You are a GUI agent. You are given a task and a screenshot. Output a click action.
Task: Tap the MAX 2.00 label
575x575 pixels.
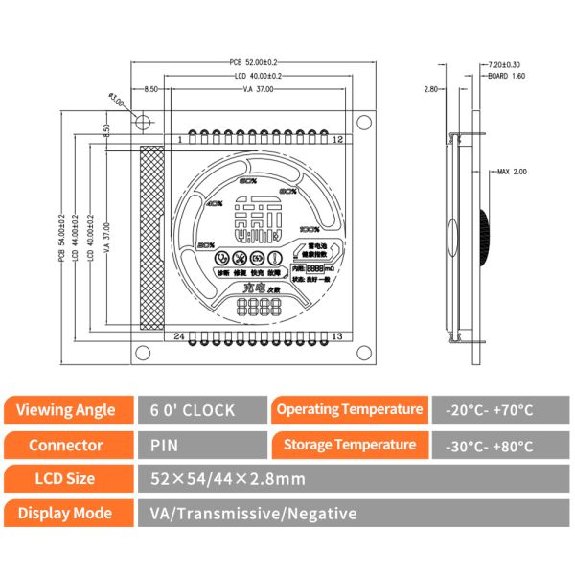pos(512,172)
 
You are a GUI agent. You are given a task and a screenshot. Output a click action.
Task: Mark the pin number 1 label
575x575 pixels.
pos(178,140)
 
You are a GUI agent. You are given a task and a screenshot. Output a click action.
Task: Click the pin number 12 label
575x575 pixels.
pos(336,140)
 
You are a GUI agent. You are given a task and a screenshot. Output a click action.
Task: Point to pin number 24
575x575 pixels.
pos(178,335)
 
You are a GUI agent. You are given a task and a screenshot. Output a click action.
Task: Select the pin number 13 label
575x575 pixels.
pos(336,335)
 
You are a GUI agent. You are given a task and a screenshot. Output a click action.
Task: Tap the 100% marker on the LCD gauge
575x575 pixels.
pos(309,230)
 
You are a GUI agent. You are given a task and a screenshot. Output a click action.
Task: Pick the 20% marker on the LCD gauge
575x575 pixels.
pos(204,246)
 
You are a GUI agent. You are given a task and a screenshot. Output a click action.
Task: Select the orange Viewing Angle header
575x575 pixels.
pos(66,410)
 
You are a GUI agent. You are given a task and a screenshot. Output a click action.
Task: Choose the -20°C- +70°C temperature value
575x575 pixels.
pos(491,410)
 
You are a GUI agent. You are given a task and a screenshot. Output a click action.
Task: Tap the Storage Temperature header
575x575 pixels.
pos(349,445)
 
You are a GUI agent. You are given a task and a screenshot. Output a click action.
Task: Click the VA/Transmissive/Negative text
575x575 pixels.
pos(254,514)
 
